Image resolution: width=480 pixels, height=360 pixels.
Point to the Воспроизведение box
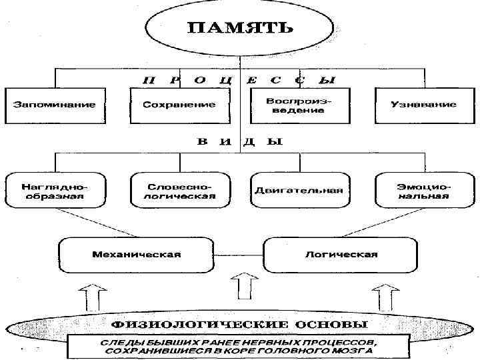click(298, 105)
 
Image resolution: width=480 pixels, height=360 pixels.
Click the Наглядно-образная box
click(54, 191)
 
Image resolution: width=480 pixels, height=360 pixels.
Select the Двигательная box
click(298, 191)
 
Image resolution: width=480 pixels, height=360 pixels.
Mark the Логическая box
click(341, 254)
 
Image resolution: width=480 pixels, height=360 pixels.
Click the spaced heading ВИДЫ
click(239, 141)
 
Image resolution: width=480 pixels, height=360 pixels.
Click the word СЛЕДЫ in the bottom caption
click(116, 341)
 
